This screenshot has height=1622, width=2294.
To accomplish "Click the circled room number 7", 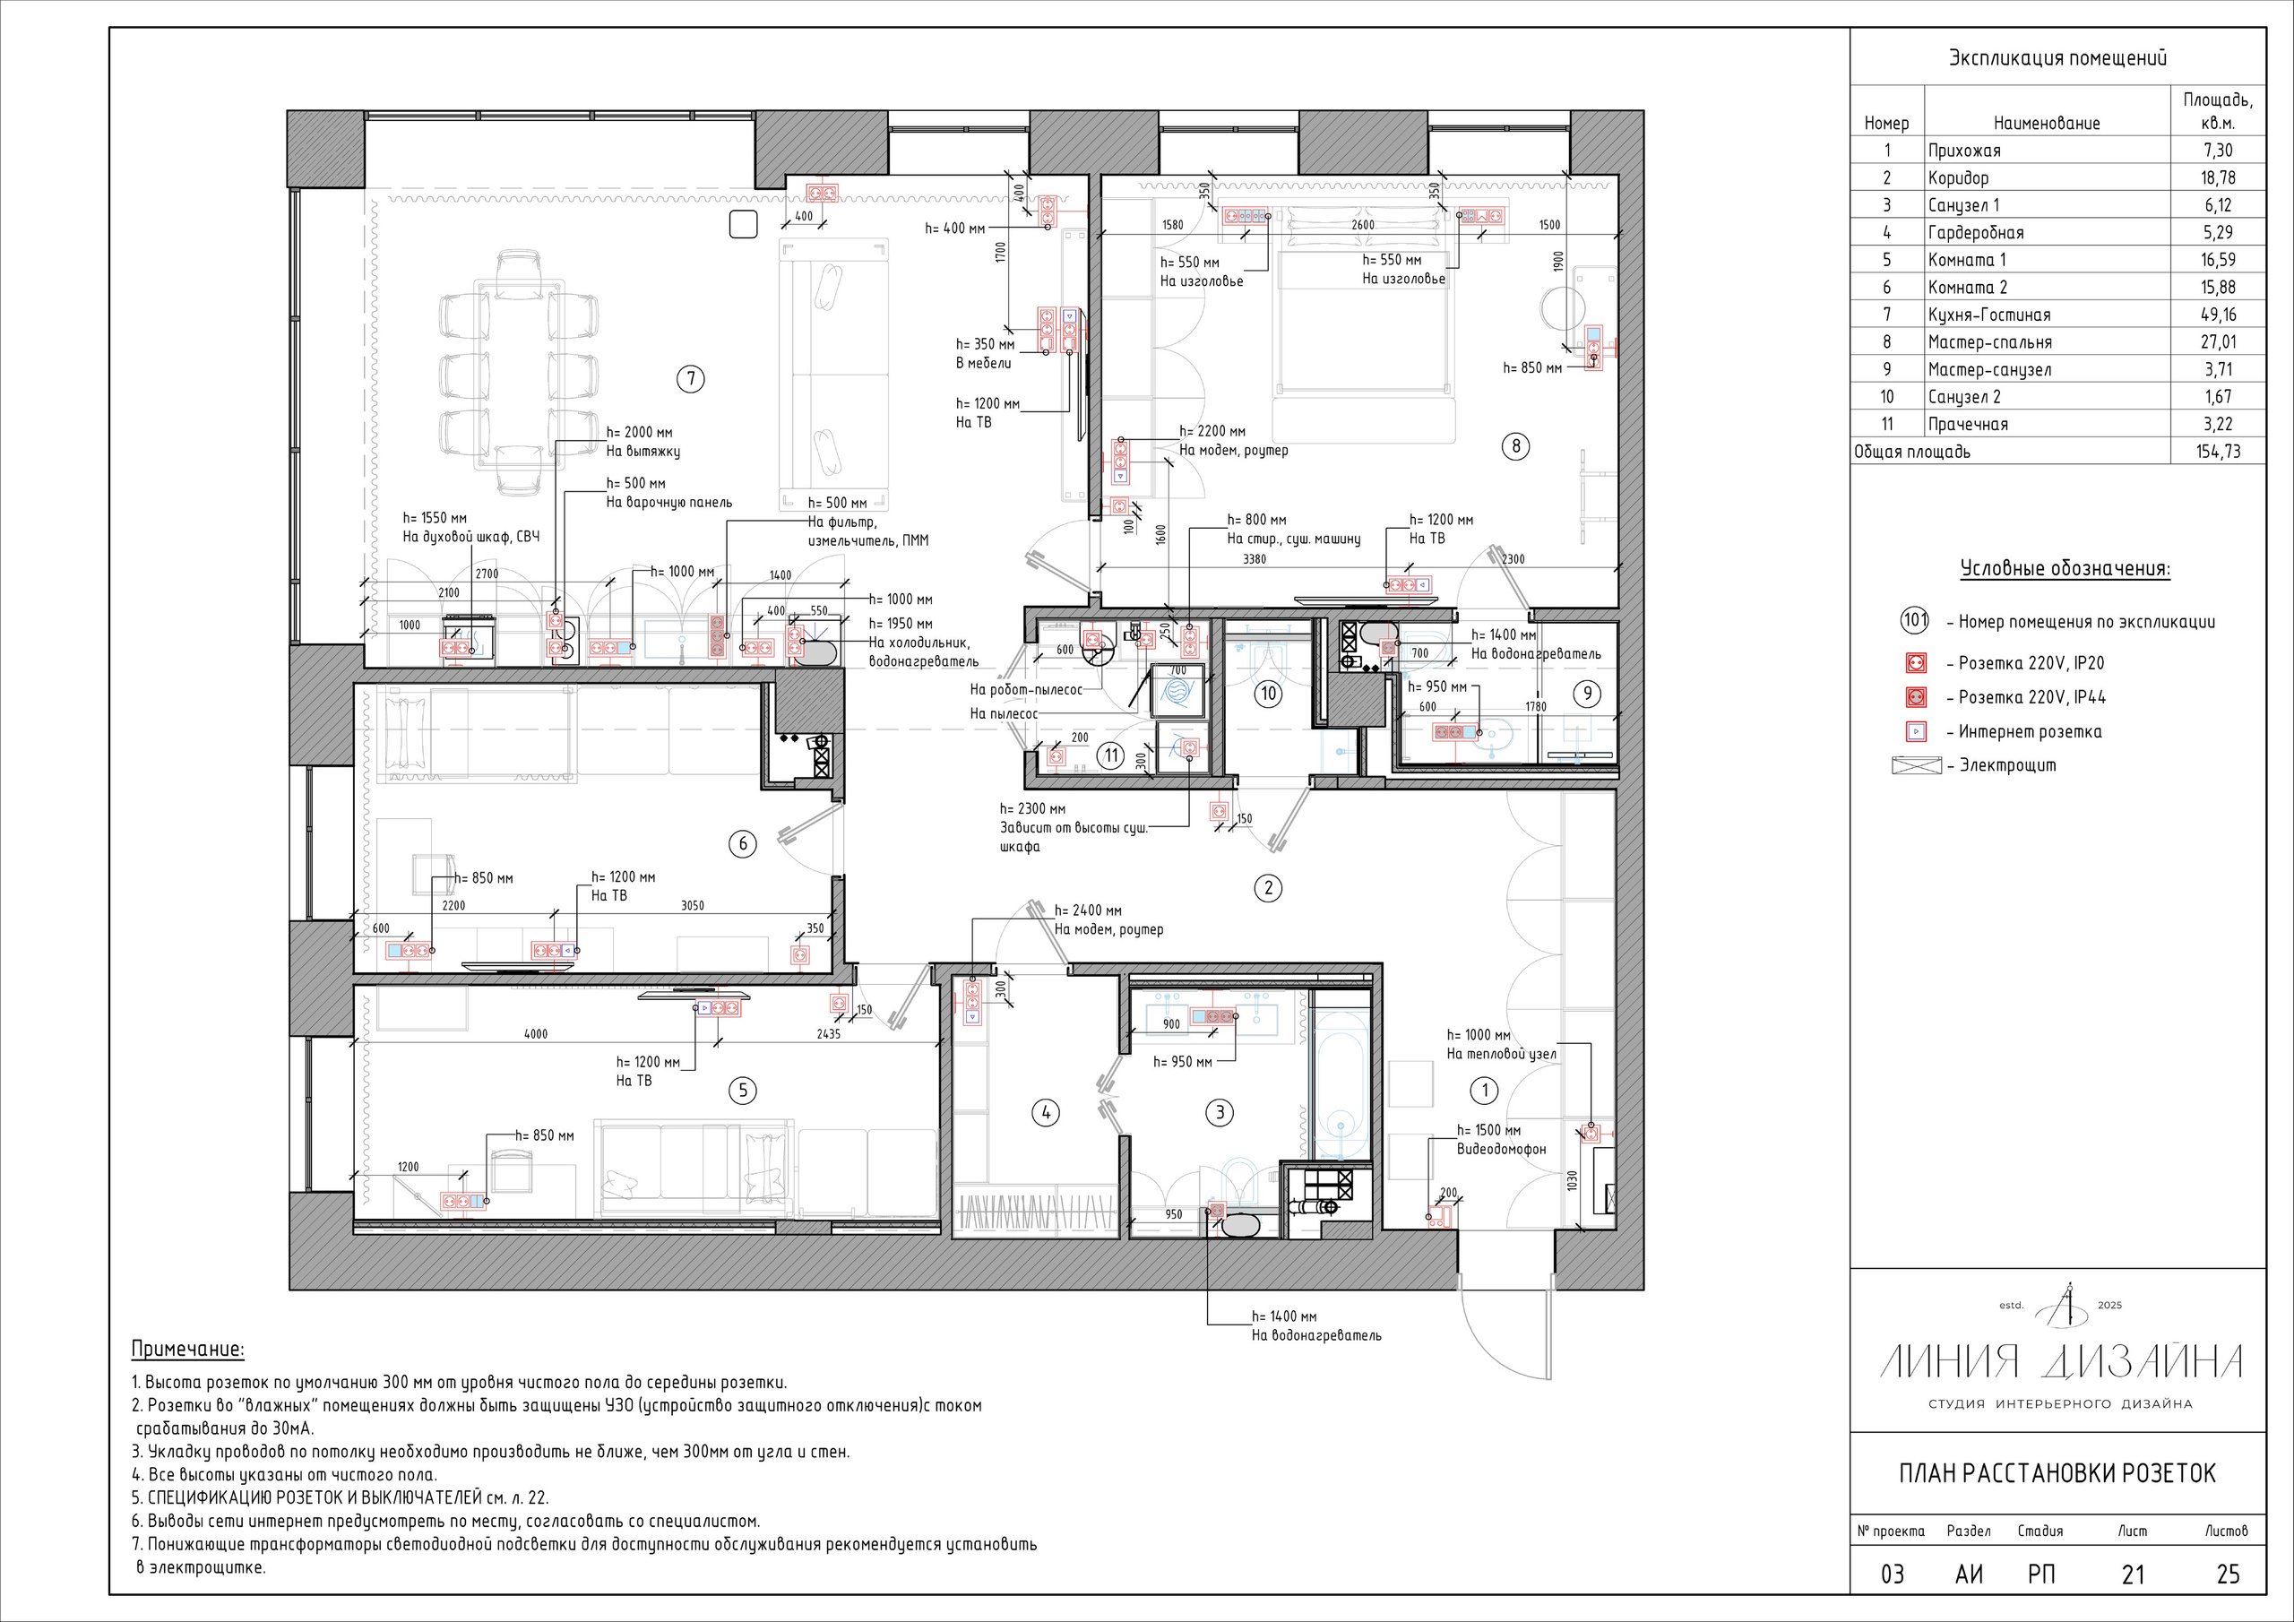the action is (690, 379).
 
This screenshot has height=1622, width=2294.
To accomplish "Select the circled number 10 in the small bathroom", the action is (1268, 693).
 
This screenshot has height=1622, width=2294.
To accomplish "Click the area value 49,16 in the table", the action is (2218, 314).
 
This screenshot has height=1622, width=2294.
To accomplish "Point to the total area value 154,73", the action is (2218, 451).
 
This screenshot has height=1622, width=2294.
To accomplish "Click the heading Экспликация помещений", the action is (2057, 58).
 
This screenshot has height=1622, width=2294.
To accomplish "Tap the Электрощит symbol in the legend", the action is (1917, 765).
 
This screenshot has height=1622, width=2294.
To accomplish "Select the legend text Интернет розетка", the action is (2031, 731).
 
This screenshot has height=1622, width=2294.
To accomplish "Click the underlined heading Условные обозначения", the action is (2065, 570).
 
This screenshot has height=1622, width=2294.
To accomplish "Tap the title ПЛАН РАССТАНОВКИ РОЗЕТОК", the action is (2057, 1473).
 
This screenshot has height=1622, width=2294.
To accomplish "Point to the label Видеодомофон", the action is (1501, 1150).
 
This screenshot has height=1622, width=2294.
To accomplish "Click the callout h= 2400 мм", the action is (1088, 910).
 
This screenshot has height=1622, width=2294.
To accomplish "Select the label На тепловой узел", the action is (1502, 1053).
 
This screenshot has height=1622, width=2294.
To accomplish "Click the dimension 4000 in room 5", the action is (537, 1034).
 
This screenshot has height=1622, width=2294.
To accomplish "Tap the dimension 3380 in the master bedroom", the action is (1254, 560).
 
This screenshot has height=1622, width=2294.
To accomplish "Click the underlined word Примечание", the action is (188, 1350).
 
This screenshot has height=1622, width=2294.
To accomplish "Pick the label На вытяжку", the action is (643, 452).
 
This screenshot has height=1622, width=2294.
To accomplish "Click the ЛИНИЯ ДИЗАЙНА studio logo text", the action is (2061, 1362).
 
